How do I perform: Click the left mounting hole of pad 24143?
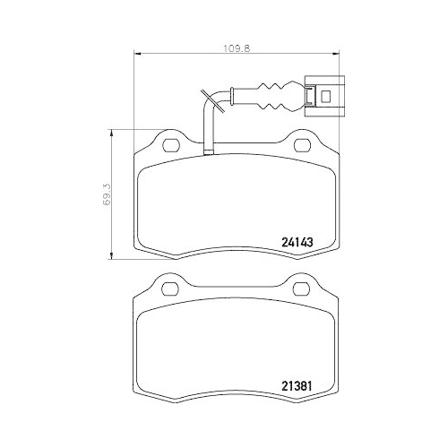(x=168, y=143)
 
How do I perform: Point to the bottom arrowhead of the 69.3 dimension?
(x=111, y=254)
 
